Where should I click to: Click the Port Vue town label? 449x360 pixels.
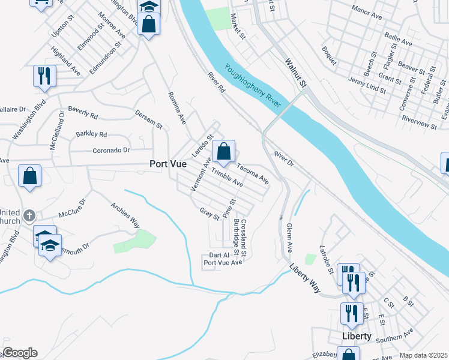[167, 164]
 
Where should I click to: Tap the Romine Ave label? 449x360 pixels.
[178, 108]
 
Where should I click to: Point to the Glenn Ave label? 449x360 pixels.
[289, 237]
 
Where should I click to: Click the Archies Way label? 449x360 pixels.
[125, 215]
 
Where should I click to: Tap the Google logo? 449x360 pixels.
[20, 353]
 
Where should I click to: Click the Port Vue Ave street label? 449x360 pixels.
[222, 262]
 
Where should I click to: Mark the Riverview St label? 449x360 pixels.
[419, 123]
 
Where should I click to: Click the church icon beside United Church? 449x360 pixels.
[28, 215]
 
